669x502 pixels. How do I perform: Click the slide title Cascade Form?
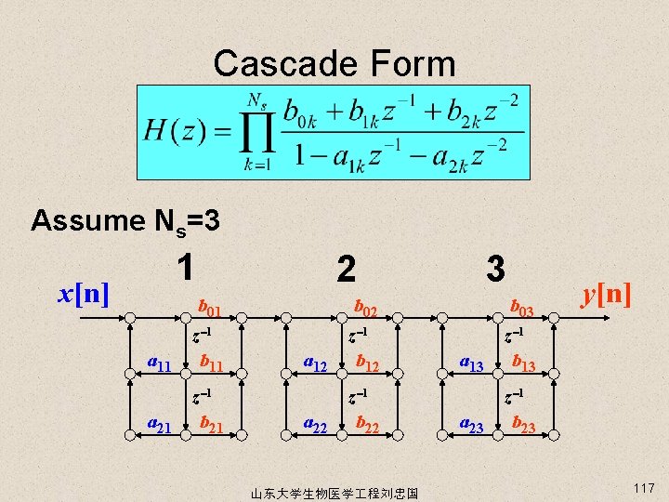point(334,64)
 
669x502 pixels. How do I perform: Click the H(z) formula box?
point(334,132)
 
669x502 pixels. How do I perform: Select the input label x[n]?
point(85,294)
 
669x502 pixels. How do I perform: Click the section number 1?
point(187,269)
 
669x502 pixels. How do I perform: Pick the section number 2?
point(345,270)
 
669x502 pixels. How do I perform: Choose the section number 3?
point(496,270)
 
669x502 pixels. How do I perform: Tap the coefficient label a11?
point(160,364)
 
